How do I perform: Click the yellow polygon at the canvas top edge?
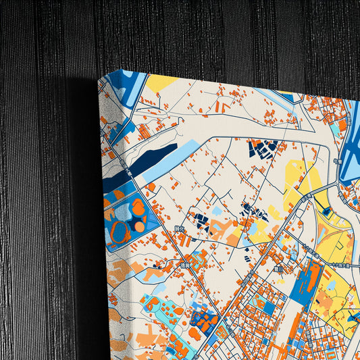click(161, 84)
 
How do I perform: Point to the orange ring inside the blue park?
click(121, 232)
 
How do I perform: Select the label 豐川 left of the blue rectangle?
click(278, 269)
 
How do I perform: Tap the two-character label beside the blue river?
click(336, 161)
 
